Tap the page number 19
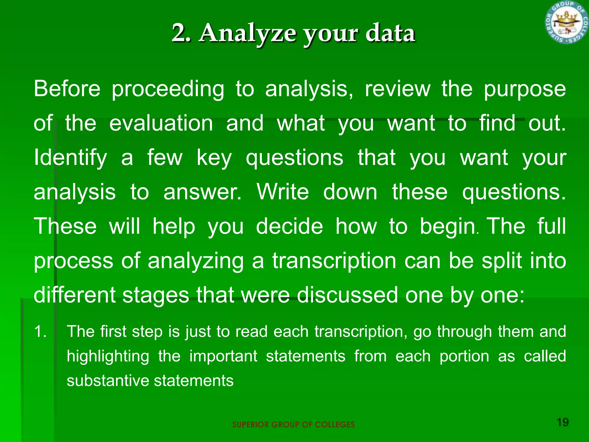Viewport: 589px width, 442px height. (x=563, y=422)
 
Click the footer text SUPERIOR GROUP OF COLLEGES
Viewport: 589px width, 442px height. (x=293, y=425)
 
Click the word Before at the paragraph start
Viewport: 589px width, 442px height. (x=67, y=89)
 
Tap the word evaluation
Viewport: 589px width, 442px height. (x=161, y=123)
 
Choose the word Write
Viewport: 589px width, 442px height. (x=283, y=192)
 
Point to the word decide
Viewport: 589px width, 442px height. (x=289, y=226)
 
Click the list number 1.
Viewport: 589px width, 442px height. (x=40, y=331)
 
